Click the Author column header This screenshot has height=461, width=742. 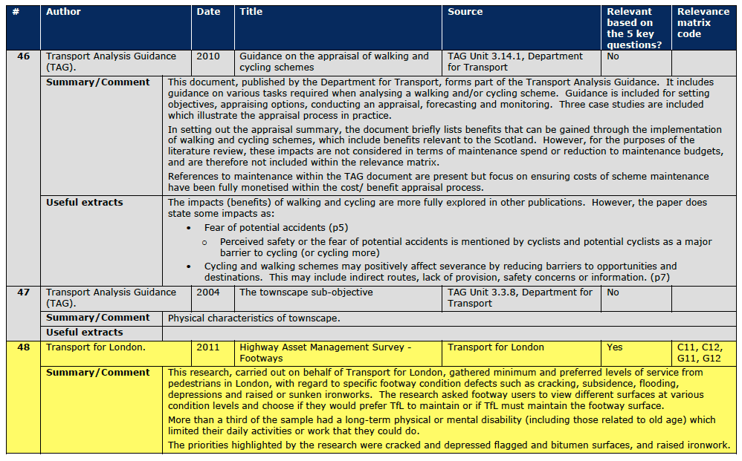point(63,12)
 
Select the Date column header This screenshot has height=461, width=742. point(208,12)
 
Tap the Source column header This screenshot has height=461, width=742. point(465,12)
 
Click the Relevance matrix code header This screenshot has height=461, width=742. point(703,23)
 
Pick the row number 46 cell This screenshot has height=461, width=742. point(24,56)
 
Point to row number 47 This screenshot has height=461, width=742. point(24,292)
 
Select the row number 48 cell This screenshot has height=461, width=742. point(24,347)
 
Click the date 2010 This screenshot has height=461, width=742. point(208,56)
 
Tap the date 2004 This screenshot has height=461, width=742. point(208,292)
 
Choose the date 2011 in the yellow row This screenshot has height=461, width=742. point(208,347)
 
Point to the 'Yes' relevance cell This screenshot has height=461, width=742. point(615,347)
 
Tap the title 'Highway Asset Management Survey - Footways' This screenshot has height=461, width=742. point(325,353)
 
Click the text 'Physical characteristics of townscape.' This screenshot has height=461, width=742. point(254,318)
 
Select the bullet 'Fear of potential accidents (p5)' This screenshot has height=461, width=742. point(276,227)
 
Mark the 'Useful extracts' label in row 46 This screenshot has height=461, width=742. point(84,203)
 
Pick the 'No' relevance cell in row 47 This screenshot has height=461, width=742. point(613,292)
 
